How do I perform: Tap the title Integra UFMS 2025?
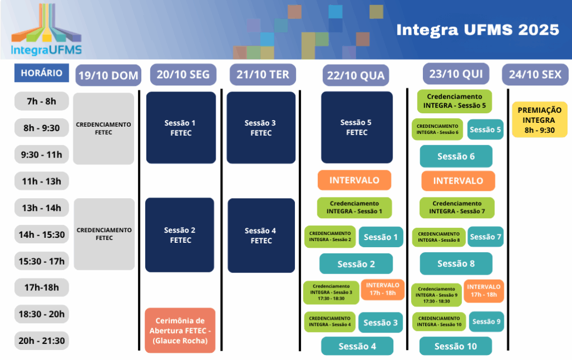click(478, 30)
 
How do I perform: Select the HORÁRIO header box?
click(41, 73)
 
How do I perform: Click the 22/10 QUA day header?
click(356, 75)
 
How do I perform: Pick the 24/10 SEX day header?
click(535, 74)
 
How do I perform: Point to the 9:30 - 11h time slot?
click(41, 155)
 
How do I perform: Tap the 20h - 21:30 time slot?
click(41, 340)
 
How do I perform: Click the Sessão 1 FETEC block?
click(181, 127)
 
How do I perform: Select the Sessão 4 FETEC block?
click(261, 236)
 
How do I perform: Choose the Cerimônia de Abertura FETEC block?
click(180, 330)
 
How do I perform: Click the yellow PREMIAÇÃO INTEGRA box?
click(540, 120)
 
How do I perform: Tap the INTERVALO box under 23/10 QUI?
click(458, 181)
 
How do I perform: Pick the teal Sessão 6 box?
click(456, 156)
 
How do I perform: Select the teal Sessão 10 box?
click(456, 346)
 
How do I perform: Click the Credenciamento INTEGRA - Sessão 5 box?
click(455, 101)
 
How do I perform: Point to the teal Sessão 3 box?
click(380, 323)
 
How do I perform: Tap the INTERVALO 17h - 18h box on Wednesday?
click(383, 289)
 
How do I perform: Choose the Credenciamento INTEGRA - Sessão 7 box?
click(457, 207)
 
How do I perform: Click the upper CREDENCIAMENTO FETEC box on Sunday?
click(103, 128)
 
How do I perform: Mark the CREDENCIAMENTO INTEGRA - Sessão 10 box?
click(439, 321)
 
